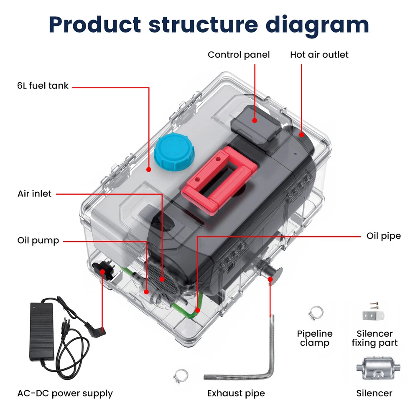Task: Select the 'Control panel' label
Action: pyautogui.click(x=239, y=55)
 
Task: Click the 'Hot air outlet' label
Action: pyautogui.click(x=319, y=55)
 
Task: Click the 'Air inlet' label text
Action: pyautogui.click(x=34, y=194)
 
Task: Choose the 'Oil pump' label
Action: pyautogui.click(x=38, y=241)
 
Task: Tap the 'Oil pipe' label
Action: pyautogui.click(x=383, y=236)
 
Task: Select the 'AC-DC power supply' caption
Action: pyautogui.click(x=65, y=393)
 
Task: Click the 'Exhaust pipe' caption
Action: pyautogui.click(x=236, y=393)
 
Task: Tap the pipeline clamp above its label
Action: pyautogui.click(x=316, y=312)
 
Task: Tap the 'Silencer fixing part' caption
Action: pyautogui.click(x=374, y=338)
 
